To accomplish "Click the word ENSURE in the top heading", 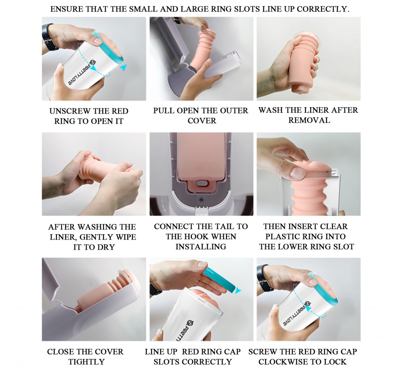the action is pos(66,9).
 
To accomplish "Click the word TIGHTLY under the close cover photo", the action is pos(86,361).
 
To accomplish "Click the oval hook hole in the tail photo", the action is pos(201,183).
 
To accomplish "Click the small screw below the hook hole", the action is pos(201,200).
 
